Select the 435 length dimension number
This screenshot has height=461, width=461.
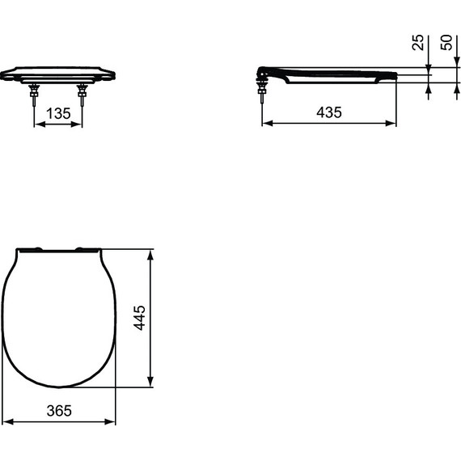point(328,112)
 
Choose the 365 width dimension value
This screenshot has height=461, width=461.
point(59,411)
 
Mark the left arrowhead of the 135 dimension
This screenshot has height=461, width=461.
point(36,125)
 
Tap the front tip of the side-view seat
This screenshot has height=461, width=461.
point(395,75)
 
